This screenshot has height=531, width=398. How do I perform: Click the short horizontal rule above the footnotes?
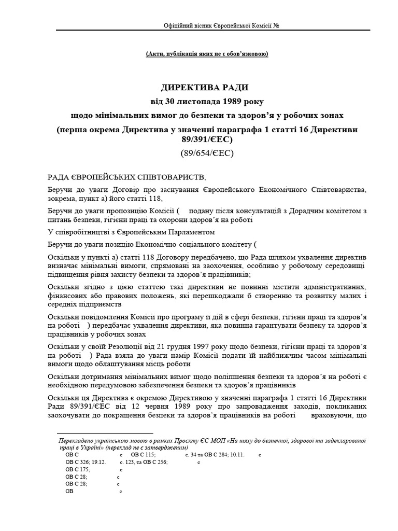105,432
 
